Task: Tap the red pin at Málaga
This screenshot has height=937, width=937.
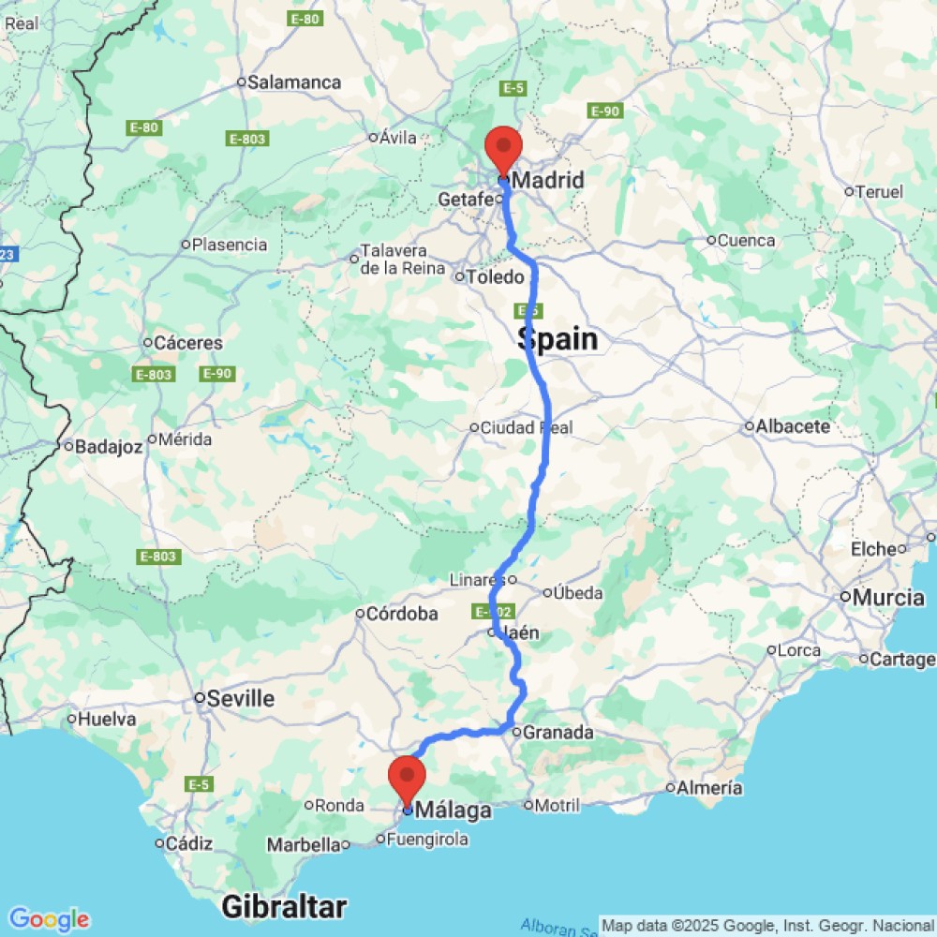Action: (408, 780)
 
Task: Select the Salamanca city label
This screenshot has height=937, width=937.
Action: (293, 82)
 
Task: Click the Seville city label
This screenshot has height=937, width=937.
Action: (241, 699)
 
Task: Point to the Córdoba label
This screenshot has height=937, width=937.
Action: (403, 615)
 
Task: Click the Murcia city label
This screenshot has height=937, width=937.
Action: (887, 598)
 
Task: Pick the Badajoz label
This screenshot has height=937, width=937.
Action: (108, 447)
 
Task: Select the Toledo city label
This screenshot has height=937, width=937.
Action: (496, 276)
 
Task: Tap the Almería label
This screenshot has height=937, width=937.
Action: (710, 788)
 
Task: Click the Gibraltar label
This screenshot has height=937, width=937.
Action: (284, 907)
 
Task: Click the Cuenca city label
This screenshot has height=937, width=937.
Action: (746, 241)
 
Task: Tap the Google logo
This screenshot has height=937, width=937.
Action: (49, 919)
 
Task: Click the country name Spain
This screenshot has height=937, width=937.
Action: (558, 339)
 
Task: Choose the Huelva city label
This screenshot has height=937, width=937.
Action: (108, 720)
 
